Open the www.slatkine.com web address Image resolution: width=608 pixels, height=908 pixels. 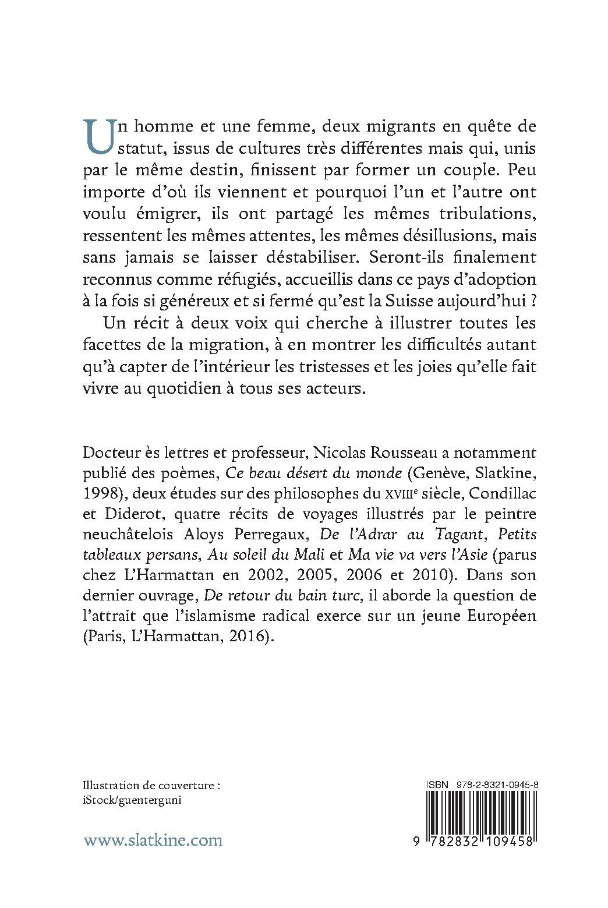point(153,840)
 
